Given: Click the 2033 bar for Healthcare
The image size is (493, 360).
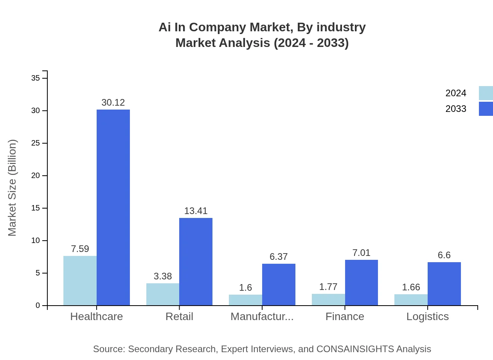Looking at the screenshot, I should tap(113, 207).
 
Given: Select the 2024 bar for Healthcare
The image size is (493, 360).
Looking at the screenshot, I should tap(80, 281).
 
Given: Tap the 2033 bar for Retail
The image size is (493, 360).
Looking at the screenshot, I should tap(196, 261).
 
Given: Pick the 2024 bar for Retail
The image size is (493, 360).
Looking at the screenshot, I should tap(163, 294).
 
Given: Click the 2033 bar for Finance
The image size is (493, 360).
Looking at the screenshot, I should tap(362, 283).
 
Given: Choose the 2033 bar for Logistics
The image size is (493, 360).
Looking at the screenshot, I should tap(444, 284).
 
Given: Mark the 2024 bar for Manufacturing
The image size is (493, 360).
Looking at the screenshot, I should tap(245, 300).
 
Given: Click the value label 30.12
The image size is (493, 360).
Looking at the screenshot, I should tap(113, 103).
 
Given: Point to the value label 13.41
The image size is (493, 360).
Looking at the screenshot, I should tap(196, 211).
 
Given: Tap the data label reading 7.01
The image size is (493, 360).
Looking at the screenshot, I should tap(361, 253).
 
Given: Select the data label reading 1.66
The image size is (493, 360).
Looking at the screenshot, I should tap(411, 287).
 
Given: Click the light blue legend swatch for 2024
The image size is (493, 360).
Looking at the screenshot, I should tap(486, 93).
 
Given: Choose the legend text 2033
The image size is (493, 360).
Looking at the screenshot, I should tap(456, 109).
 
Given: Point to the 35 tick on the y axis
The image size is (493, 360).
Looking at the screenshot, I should tap(36, 78).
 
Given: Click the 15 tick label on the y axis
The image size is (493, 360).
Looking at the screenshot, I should tap(36, 208).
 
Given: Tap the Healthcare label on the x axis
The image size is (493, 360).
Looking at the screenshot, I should tap(96, 317).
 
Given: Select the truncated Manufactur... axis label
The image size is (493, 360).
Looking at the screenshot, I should tap(262, 317).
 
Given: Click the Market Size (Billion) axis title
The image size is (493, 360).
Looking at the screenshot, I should tap(13, 188).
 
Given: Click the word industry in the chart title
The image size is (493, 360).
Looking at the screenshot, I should tap(341, 27).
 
